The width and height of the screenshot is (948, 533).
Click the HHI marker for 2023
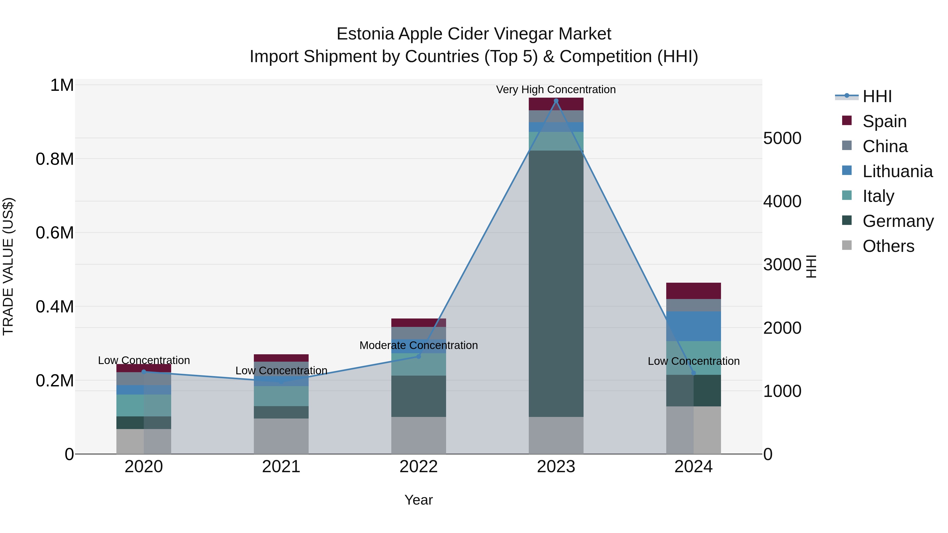556,101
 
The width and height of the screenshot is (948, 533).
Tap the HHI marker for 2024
693,373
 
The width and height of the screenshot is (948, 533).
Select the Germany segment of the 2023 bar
556,283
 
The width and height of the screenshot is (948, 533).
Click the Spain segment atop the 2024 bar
693,291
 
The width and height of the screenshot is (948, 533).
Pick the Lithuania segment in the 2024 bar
693,326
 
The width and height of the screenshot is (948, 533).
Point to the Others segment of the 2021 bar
281,436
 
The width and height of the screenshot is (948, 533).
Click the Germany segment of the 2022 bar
418,396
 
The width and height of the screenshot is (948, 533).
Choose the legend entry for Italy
878,196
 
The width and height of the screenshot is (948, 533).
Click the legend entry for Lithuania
897,171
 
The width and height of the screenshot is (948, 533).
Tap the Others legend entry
888,246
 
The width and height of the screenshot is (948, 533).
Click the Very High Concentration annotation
556,89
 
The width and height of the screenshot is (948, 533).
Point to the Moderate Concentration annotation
418,345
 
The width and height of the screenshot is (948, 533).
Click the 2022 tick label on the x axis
418,467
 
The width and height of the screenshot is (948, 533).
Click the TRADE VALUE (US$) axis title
8,266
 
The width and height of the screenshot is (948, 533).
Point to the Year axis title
418,500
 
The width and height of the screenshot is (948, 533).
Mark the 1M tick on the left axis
62,85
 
